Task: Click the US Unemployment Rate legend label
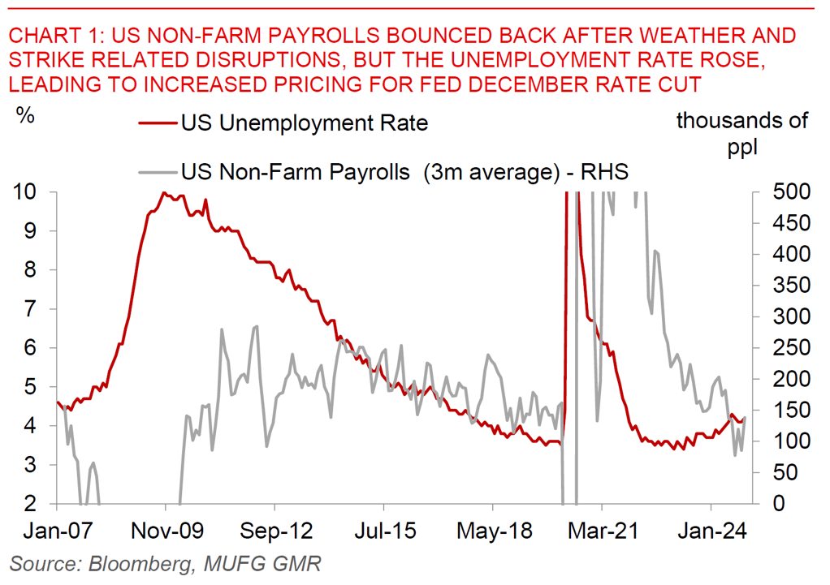pos(304,124)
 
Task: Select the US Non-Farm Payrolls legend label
pos(404,172)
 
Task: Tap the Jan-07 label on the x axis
pos(56,532)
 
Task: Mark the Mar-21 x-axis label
pos(603,532)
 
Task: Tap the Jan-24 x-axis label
pos(711,532)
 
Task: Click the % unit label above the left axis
pos(25,115)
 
